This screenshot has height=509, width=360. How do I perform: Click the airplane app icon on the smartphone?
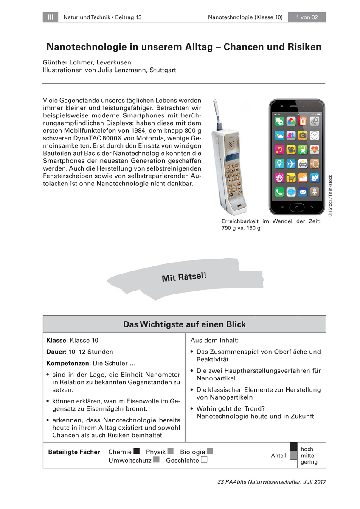pyautogui.click(x=291, y=164)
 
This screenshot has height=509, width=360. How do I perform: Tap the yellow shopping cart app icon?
pyautogui.click(x=291, y=178)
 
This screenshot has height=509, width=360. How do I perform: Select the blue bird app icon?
pyautogui.click(x=315, y=178)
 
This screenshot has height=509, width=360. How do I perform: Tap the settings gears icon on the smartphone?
pyautogui.click(x=315, y=122)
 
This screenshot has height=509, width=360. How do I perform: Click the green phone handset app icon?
pyautogui.click(x=279, y=192)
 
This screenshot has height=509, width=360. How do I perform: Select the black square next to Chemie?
pyautogui.click(x=136, y=451)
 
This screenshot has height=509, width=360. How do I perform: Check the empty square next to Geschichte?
pyautogui.click(x=204, y=460)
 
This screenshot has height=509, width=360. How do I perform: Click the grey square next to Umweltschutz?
pyautogui.click(x=156, y=460)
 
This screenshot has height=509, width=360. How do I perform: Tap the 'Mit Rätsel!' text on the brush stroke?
pyautogui.click(x=184, y=276)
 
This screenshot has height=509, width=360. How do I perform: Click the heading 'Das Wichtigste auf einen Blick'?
pyautogui.click(x=184, y=324)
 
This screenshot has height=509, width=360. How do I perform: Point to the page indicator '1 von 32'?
pyautogui.click(x=307, y=17)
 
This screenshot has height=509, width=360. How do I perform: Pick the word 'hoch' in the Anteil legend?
pyautogui.click(x=307, y=449)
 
